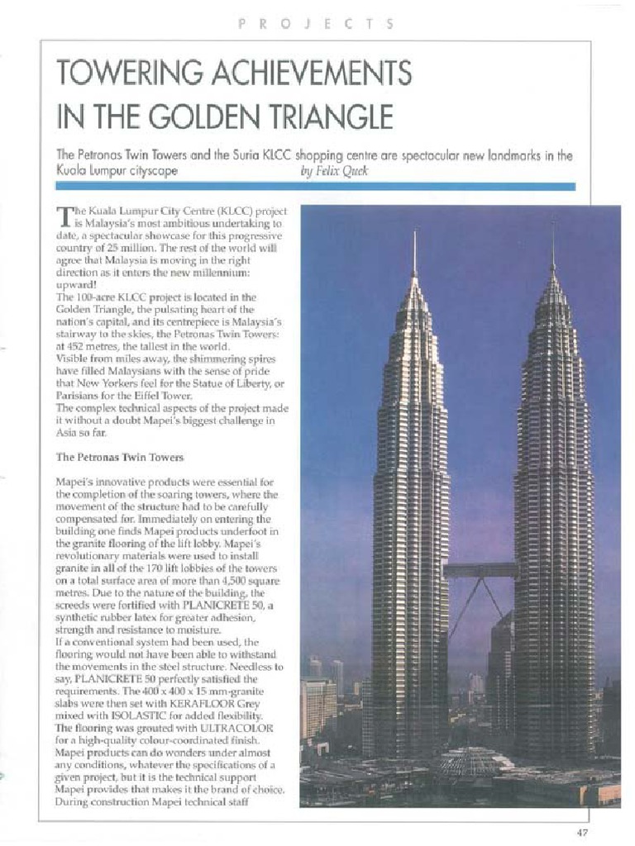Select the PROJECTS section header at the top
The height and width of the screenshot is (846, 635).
[316, 25]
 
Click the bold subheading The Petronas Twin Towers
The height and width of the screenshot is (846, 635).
[120, 456]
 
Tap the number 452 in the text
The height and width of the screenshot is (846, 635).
[79, 347]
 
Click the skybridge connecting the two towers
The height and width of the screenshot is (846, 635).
[481, 569]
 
